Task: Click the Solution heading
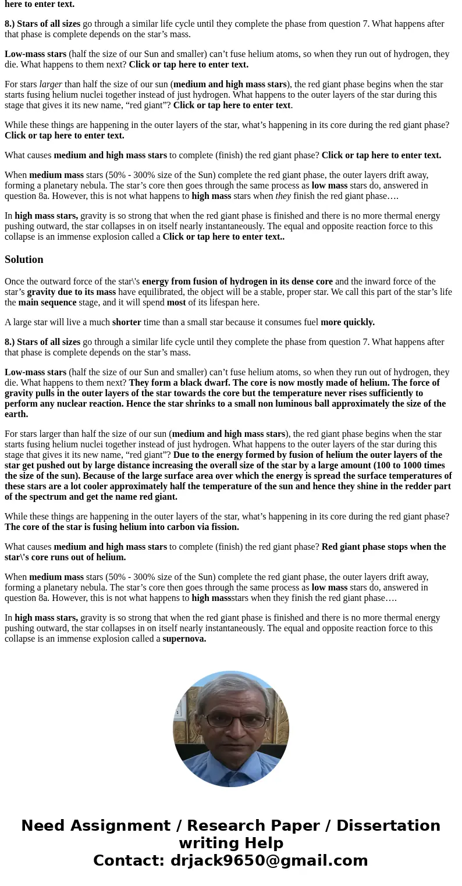24,259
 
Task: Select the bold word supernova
184,639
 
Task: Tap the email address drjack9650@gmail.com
269,860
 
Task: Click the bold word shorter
126,322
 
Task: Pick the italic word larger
51,84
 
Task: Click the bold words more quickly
347,322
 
